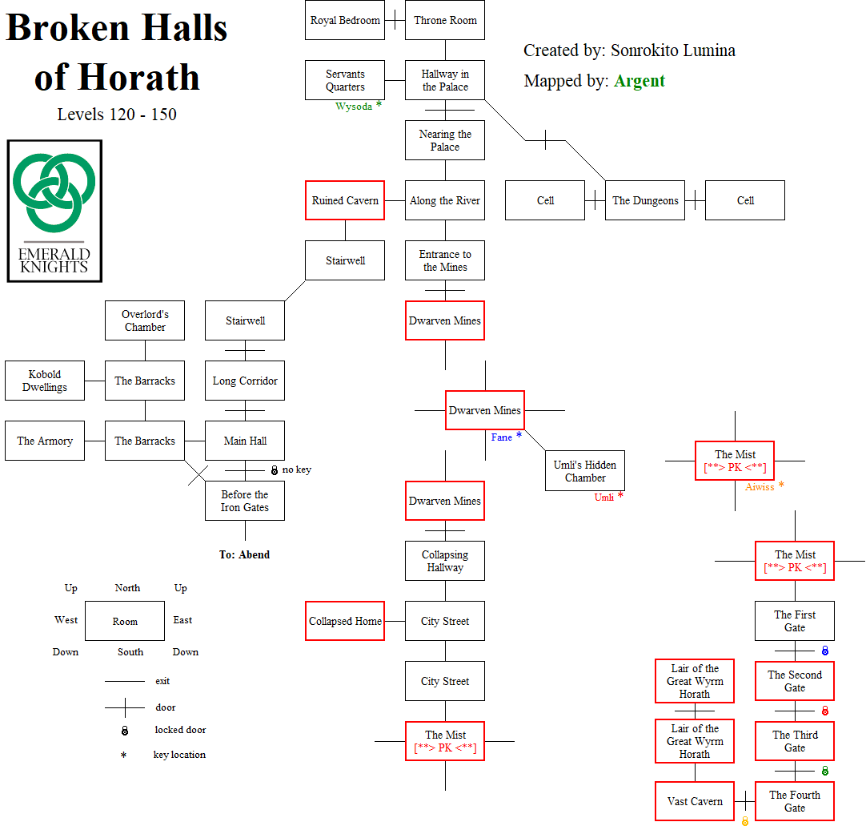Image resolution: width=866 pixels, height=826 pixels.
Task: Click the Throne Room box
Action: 445,21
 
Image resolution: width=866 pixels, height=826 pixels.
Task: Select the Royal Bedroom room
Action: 345,21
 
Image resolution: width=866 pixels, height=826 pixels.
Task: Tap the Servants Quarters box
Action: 345,80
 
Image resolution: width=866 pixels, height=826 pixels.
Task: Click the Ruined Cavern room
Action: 345,200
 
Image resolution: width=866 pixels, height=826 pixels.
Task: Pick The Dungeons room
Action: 645,200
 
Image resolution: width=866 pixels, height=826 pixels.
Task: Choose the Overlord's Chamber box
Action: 145,320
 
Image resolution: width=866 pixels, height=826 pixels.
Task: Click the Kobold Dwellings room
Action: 45,381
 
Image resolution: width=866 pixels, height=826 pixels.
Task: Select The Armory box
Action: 45,441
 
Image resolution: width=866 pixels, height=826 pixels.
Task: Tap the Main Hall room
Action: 245,441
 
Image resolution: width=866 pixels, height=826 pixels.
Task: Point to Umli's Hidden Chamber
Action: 585,471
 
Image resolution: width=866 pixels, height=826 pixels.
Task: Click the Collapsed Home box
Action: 345,621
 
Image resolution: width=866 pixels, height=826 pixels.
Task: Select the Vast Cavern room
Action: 695,801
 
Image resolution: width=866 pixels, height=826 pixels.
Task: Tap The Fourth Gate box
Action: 795,801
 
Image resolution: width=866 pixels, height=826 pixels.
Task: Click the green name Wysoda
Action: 353,107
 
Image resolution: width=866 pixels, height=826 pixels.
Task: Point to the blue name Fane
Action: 502,437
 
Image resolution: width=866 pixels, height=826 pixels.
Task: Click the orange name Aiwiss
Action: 760,486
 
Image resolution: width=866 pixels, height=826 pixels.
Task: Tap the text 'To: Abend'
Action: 244,554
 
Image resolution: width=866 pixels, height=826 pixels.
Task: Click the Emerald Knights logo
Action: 54,211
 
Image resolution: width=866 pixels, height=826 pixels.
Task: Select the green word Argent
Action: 639,81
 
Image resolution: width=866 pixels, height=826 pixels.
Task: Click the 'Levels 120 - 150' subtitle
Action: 117,115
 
